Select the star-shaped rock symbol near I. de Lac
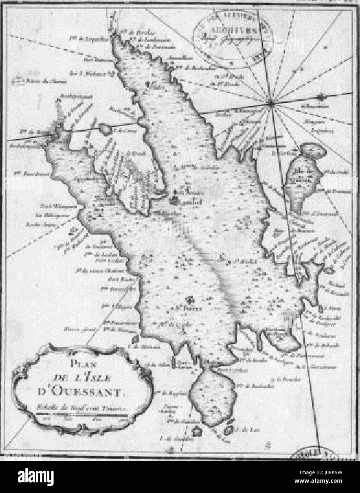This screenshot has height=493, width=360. point(195,431)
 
